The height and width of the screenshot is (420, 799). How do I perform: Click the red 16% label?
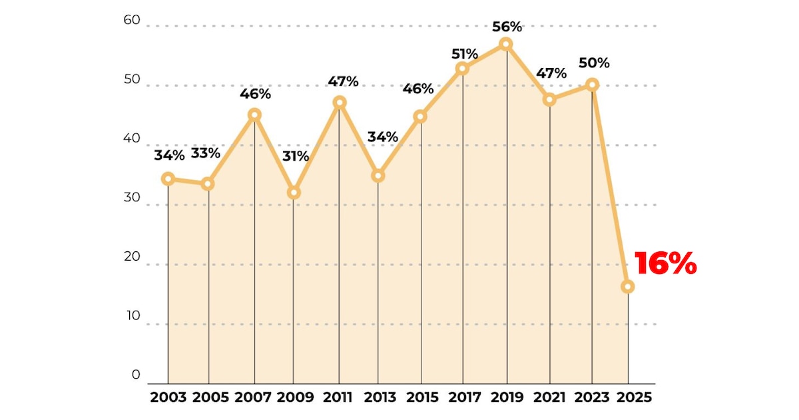[x=665, y=263]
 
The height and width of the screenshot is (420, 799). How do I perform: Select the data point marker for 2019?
[x=506, y=44]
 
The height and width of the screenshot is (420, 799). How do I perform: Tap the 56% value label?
[x=507, y=27]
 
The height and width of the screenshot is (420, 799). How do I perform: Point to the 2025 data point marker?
[x=627, y=287]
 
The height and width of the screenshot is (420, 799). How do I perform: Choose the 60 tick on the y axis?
[x=132, y=20]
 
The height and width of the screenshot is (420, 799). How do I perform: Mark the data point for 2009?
[x=294, y=193]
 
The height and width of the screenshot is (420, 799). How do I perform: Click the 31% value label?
[x=295, y=157]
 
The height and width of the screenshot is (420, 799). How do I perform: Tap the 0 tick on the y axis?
[x=136, y=375]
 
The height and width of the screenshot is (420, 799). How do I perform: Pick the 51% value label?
[x=463, y=53]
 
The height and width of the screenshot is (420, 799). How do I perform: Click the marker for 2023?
[x=592, y=85]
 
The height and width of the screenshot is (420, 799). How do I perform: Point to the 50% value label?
[x=594, y=63]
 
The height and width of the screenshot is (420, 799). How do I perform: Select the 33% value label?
[x=206, y=153]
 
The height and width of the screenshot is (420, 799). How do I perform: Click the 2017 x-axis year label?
[x=465, y=398]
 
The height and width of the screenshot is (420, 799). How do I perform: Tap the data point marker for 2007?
[x=254, y=115]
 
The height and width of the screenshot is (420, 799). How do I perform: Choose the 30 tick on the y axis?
[x=132, y=198]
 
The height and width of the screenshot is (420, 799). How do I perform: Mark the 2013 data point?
[x=378, y=175]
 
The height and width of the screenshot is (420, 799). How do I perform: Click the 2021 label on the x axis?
[x=549, y=398]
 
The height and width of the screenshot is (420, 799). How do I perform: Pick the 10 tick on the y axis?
[x=132, y=316]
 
